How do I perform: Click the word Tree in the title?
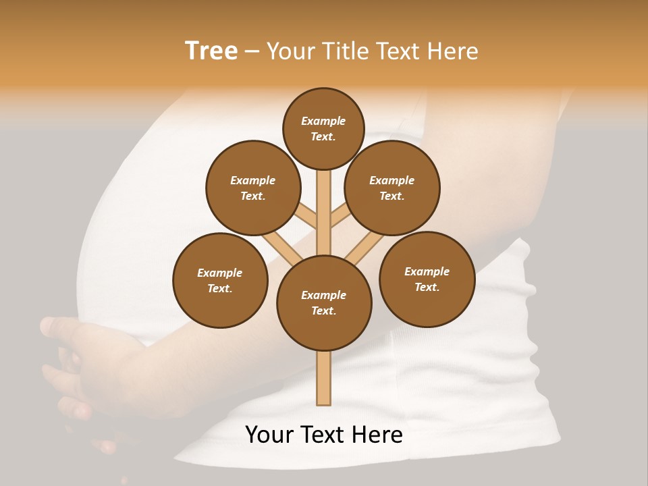(211, 51)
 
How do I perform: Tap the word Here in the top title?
(452, 51)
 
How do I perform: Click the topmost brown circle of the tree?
(323, 128)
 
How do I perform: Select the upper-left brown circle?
(253, 188)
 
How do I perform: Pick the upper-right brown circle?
(392, 188)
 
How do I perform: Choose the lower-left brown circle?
(220, 280)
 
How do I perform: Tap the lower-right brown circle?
(427, 279)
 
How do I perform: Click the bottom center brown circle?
(324, 302)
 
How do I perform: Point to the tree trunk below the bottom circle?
(324, 378)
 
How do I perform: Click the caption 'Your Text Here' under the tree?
(324, 434)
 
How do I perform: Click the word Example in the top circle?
(323, 121)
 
